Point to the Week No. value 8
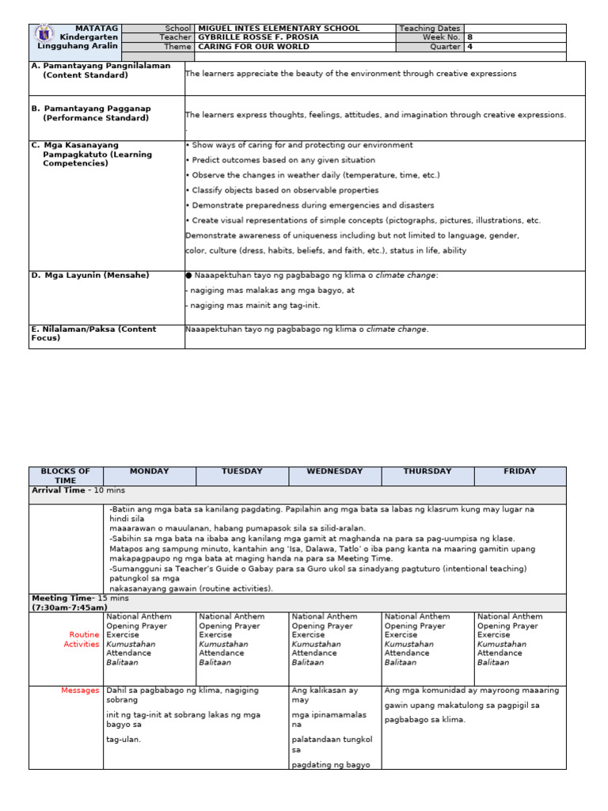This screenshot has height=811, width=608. [469, 37]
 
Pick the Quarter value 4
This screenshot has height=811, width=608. [469, 47]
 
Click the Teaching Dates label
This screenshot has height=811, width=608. [429, 29]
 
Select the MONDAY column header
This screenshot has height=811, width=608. [150, 471]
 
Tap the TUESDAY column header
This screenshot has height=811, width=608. [242, 471]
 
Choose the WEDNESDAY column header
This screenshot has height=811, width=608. [335, 471]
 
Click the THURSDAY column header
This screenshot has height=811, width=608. [427, 471]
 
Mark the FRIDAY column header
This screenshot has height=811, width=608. [520, 471]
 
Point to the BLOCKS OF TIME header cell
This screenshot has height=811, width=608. [66, 476]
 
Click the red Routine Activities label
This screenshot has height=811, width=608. [82, 639]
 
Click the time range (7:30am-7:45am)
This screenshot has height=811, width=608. [70, 607]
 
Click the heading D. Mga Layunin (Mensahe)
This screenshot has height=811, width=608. [89, 275]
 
